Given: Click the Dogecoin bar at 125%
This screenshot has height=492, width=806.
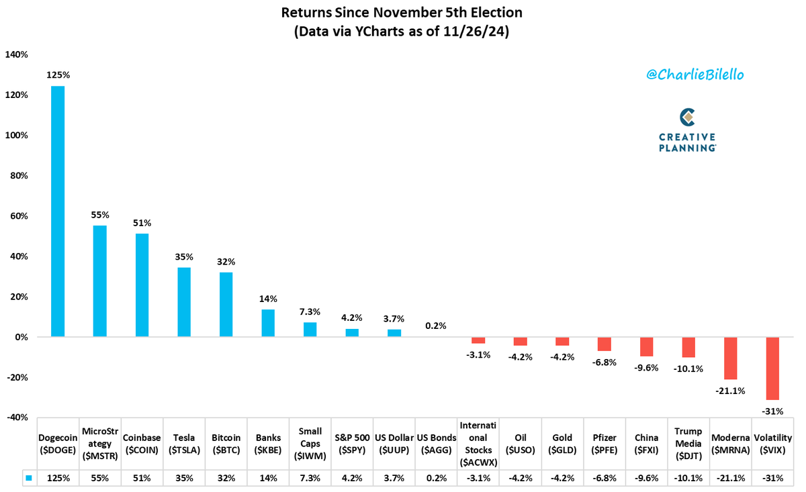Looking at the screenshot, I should tap(58, 211).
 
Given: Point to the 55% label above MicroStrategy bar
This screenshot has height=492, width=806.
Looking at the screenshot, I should tap(99, 215).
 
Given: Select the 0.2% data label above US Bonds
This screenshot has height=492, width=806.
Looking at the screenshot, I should tap(436, 326).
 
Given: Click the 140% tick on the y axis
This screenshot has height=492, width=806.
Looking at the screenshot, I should tap(16, 55).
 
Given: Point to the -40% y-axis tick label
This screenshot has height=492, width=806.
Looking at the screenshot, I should tap(16, 417).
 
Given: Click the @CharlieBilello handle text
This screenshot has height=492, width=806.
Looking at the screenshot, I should tap(695, 75).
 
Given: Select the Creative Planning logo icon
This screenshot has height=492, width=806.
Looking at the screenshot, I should tap(686, 117).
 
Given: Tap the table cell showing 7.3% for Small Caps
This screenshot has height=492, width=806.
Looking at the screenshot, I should tap(310, 478).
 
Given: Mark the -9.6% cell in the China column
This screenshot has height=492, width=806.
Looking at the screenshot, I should tap(645, 478).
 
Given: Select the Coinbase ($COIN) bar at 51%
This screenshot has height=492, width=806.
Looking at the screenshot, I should tap(142, 285).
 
